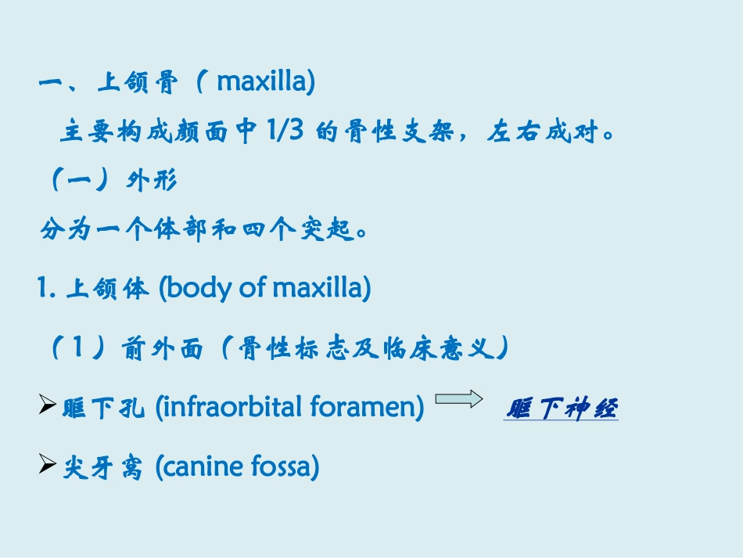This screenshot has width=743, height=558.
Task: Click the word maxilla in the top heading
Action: (265, 82)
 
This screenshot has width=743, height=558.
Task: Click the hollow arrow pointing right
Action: (458, 400)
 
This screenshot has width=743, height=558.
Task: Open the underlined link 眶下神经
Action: (561, 409)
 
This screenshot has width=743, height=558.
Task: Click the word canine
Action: (200, 468)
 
